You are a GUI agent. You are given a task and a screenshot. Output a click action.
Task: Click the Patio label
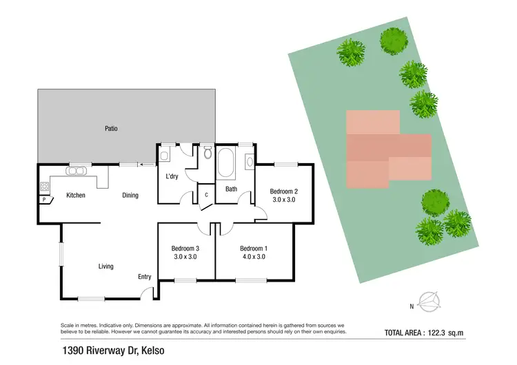(x=111, y=128)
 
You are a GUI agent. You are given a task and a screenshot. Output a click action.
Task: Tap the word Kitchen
(x=75, y=195)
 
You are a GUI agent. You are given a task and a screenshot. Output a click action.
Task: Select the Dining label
(x=130, y=195)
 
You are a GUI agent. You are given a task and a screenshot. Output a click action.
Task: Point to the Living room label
(x=105, y=266)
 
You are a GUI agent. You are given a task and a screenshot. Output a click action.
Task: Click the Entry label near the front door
(x=144, y=277)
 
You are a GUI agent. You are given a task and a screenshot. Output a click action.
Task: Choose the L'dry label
(x=172, y=176)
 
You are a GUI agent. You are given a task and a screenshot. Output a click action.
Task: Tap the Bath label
(x=231, y=189)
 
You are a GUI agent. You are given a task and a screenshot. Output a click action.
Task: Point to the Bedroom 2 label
(x=283, y=191)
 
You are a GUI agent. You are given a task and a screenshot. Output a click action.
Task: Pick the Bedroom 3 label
(x=185, y=248)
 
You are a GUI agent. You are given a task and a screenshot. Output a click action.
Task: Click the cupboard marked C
(x=206, y=195)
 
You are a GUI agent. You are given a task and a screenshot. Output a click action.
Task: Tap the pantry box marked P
(x=44, y=200)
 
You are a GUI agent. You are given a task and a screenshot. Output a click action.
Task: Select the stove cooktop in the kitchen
(x=44, y=186)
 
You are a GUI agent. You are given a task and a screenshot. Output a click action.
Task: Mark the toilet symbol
(x=207, y=153)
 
